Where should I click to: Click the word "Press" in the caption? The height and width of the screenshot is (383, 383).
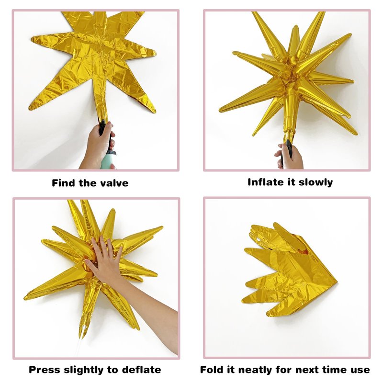coord(45,370)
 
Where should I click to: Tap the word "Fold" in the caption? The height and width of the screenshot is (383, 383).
coord(212,370)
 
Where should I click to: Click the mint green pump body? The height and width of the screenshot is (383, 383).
coord(108,159)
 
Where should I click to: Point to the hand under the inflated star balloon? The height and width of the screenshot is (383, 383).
coord(290,156)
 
